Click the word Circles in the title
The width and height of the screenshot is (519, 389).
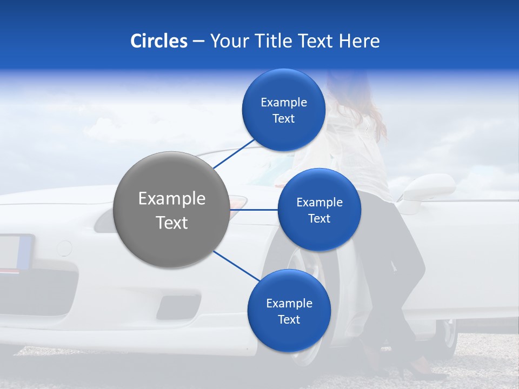pos(158,41)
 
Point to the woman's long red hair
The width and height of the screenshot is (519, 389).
pos(373,113)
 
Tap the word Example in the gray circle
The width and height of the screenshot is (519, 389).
pos(171,199)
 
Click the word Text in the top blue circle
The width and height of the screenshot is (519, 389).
pos(283,119)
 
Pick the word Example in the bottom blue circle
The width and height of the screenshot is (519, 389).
pos(289,304)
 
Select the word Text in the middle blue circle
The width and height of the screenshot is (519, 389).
pos(319,219)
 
